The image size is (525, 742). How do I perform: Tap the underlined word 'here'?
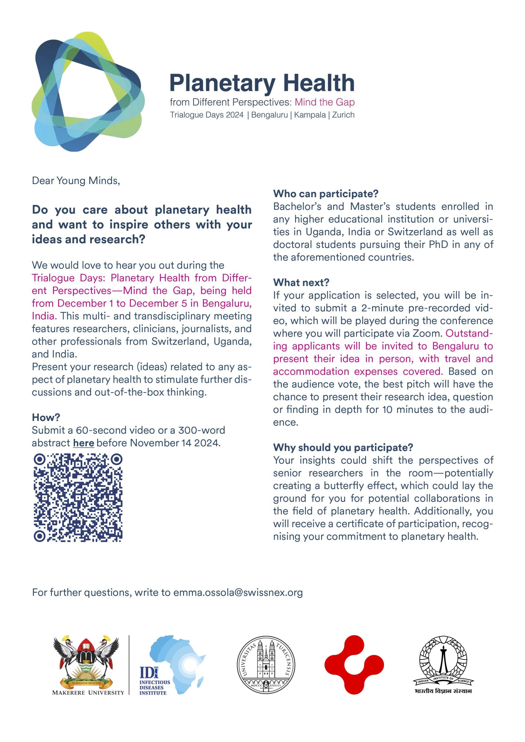84,443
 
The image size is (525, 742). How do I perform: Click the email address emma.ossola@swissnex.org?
238,592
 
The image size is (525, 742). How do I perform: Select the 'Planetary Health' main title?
262,83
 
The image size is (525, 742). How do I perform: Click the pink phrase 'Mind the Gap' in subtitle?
325,102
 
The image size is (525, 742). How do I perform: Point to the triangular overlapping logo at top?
88,92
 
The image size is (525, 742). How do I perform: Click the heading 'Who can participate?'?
325,194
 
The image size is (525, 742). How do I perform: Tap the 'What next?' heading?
301,282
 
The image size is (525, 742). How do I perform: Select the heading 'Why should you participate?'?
343,448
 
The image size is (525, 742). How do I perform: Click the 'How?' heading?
46,417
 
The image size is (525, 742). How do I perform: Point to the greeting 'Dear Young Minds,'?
76,180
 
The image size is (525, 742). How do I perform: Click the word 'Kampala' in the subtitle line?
309,115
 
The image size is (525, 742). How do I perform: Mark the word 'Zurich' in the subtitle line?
343,115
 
